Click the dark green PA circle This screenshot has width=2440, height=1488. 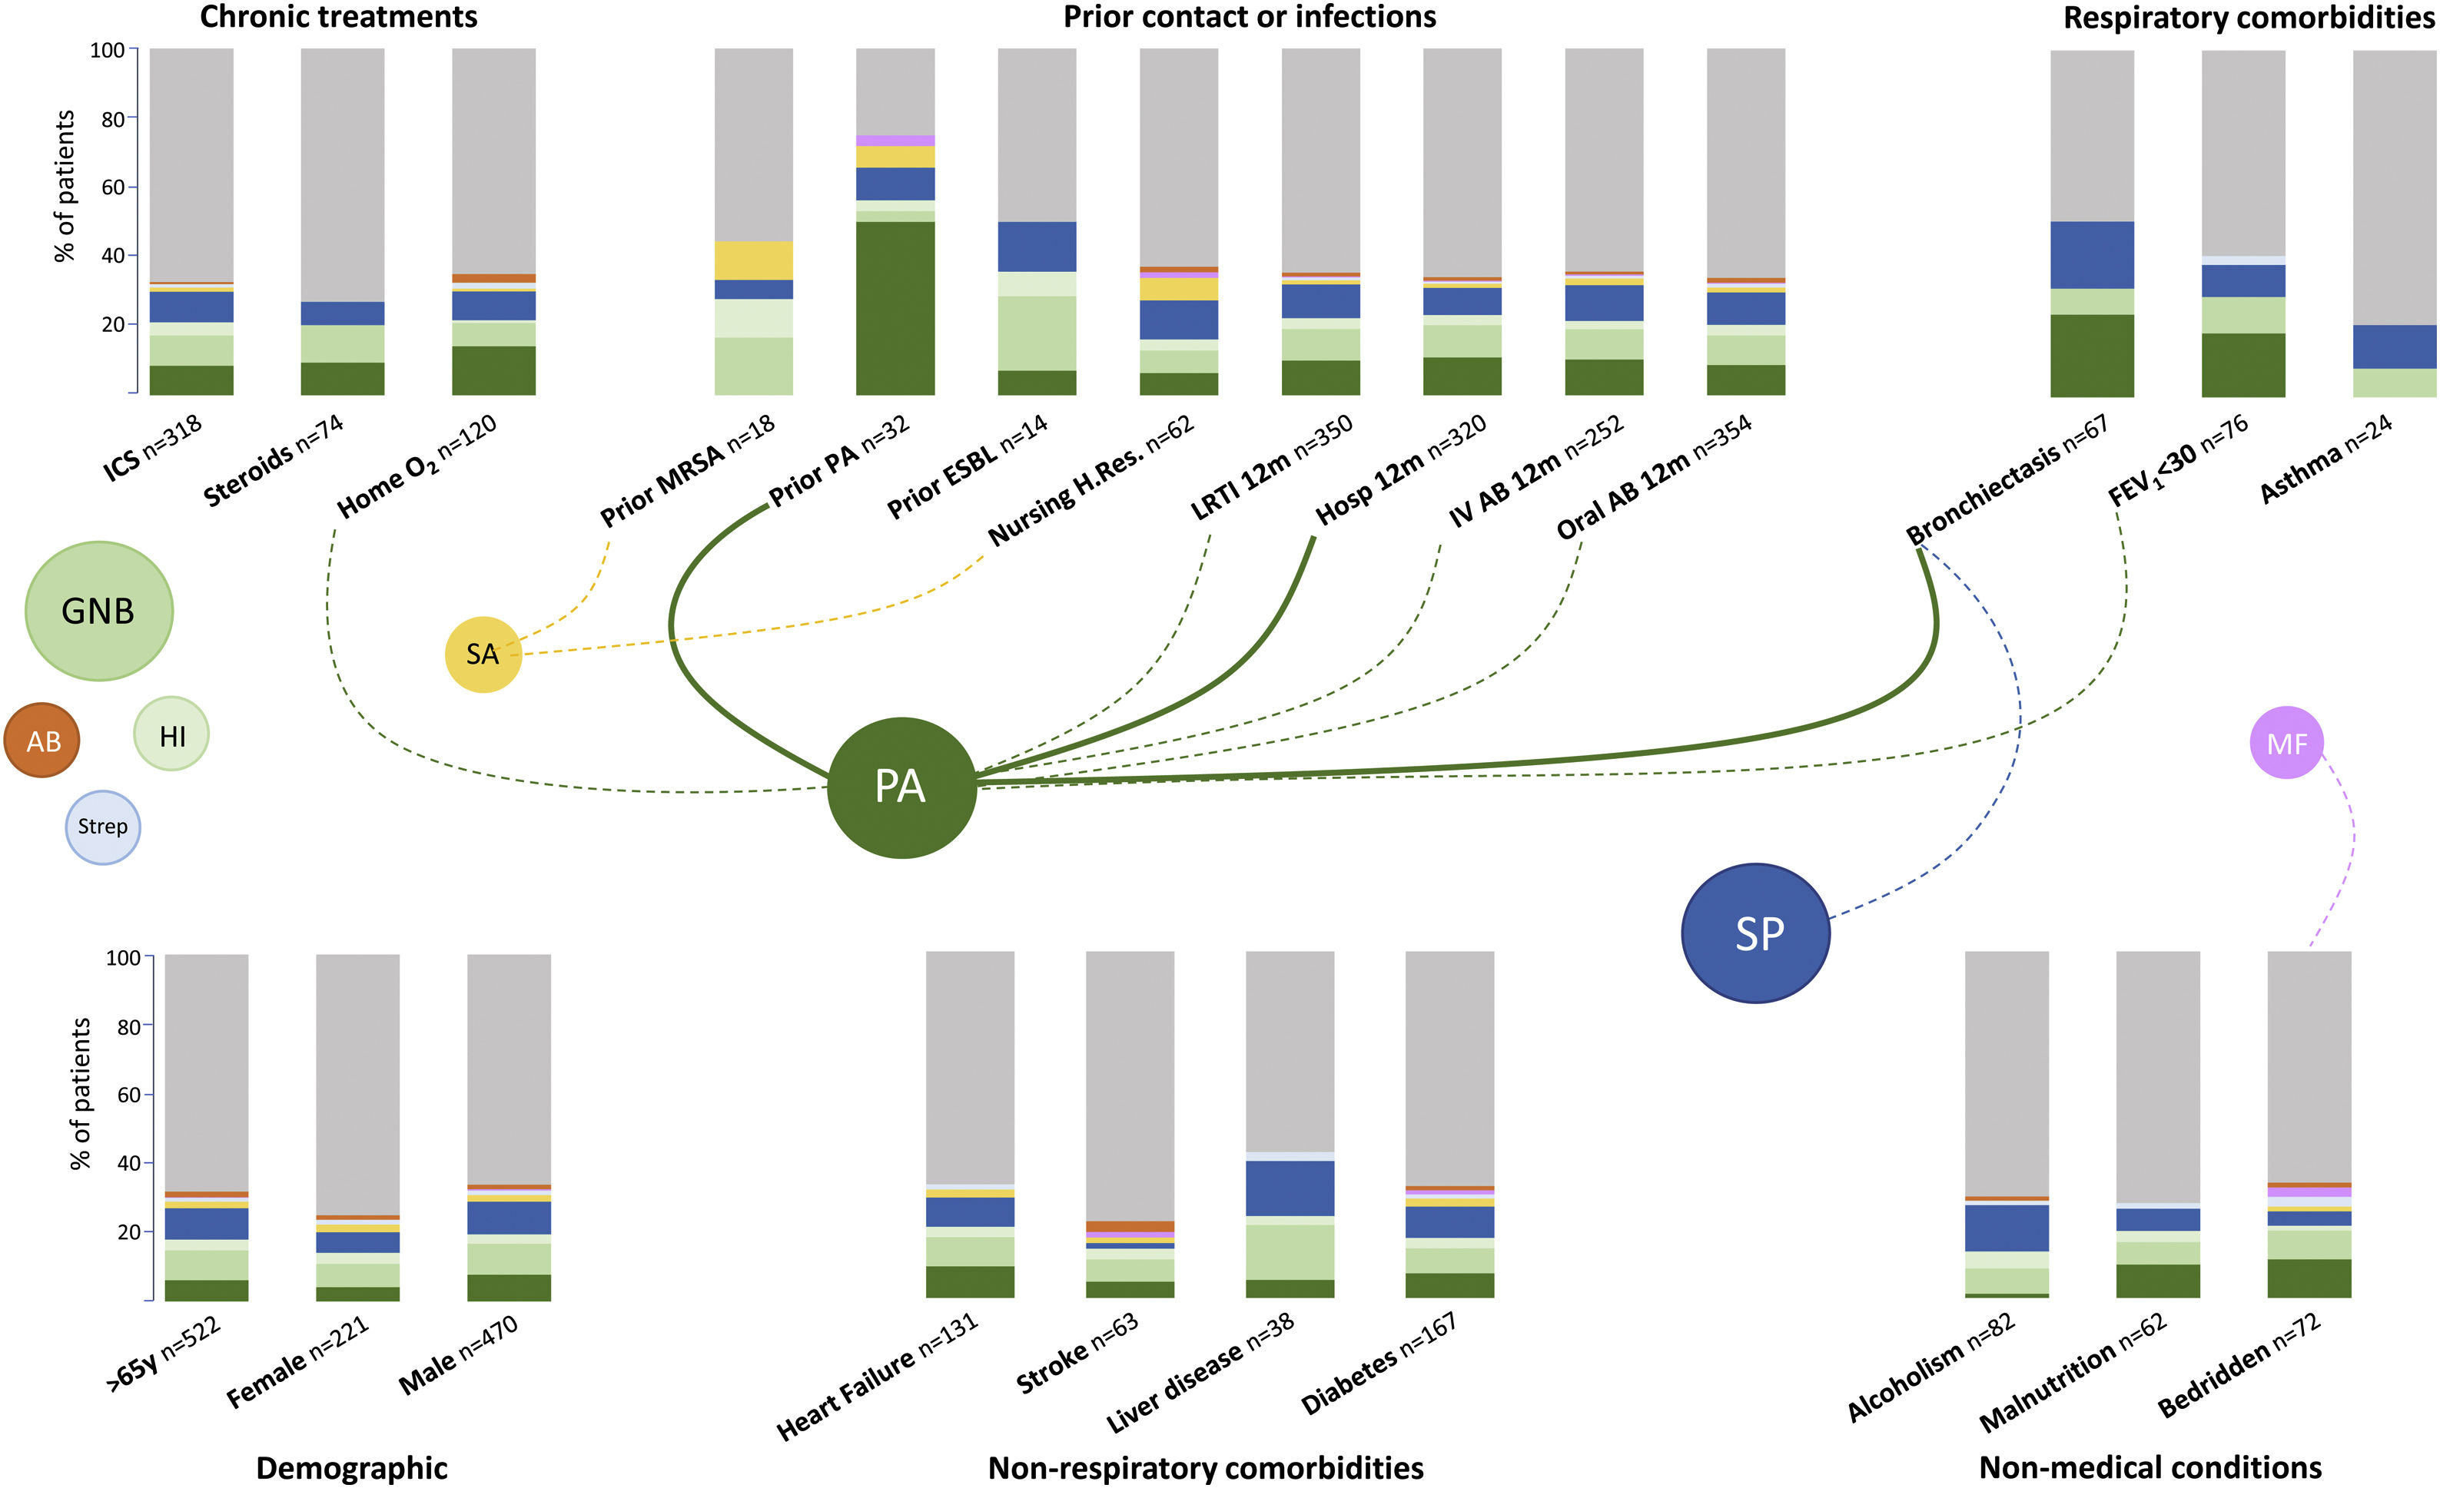point(901,787)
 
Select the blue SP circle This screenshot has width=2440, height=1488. point(1756,933)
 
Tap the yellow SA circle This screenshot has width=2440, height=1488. point(483,654)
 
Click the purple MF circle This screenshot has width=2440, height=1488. point(2286,743)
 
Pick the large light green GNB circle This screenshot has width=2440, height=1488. point(99,611)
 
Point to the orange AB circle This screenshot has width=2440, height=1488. point(42,741)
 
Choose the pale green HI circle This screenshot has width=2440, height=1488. point(171,734)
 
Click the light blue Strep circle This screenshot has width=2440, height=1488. point(103,827)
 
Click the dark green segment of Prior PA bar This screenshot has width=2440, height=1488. point(895,307)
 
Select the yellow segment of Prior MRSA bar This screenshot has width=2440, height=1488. point(754,260)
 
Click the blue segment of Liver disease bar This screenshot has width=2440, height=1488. point(1290,1188)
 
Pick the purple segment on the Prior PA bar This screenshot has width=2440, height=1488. point(895,141)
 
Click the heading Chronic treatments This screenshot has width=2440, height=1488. point(339,17)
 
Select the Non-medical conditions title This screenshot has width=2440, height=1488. point(2150,1467)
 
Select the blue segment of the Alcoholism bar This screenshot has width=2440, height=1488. point(2007,1228)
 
